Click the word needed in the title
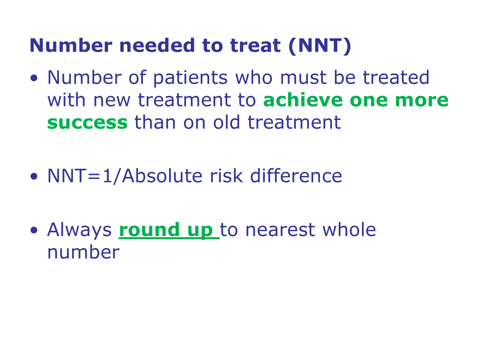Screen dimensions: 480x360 click(157, 46)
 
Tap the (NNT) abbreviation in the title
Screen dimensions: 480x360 click(320, 46)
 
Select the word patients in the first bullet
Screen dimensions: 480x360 click(190, 78)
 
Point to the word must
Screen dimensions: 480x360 click(304, 78)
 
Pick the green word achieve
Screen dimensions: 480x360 click(303, 100)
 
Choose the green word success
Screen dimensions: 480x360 click(87, 123)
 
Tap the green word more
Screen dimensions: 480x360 click(422, 100)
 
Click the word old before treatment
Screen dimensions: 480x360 click(226, 122)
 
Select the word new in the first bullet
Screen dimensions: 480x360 click(112, 100)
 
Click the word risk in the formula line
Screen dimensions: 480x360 click(226, 176)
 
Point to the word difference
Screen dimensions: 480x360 click(296, 176)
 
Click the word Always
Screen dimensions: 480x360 click(79, 230)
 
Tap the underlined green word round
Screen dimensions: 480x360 click(149, 230)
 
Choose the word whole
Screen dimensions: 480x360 click(349, 230)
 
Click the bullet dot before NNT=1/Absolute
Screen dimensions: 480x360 click(34, 176)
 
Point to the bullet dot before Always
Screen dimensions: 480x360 click(34, 230)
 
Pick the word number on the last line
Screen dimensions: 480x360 click(83, 252)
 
